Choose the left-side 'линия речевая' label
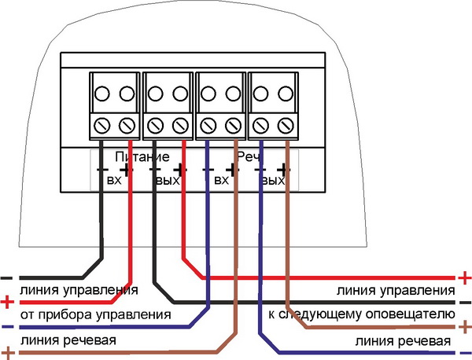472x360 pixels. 68,340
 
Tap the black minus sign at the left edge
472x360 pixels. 7,277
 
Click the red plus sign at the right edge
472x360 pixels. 464,278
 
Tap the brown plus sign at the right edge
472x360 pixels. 464,326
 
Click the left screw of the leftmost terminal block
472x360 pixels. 102,123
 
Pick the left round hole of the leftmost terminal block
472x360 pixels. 102,94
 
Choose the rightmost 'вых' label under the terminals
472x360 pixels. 273,182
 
